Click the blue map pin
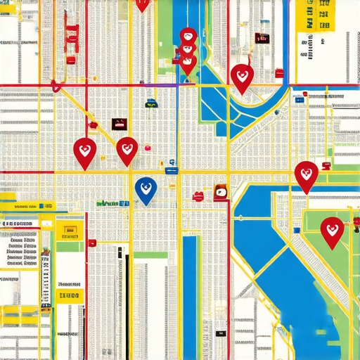(x=146, y=188)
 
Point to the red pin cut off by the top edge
(x=142, y=4)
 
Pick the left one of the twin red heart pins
(x=84, y=151)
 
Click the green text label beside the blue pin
(x=112, y=203)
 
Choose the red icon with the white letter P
(x=220, y=191)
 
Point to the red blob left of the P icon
(x=199, y=195)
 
